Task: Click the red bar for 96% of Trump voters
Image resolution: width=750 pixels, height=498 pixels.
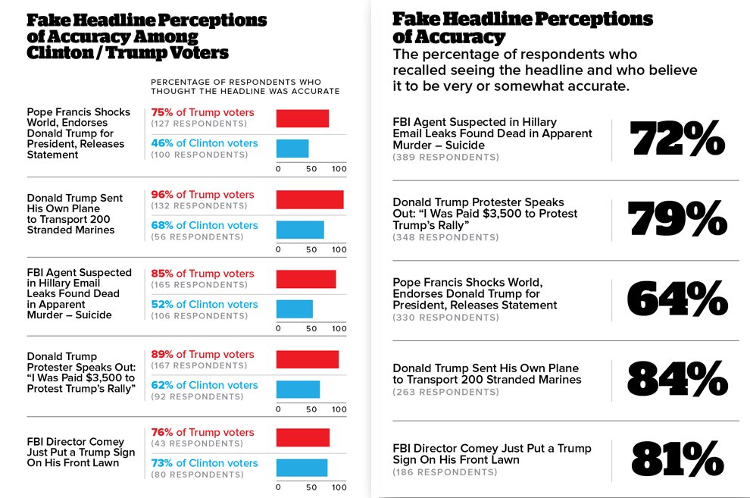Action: pyautogui.click(x=309, y=199)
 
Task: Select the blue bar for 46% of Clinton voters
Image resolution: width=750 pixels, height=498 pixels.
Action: pyautogui.click(x=292, y=148)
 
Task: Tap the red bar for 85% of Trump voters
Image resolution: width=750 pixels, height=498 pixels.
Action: pyautogui.click(x=305, y=279)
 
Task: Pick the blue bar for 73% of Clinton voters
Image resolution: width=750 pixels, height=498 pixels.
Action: pyautogui.click(x=301, y=468)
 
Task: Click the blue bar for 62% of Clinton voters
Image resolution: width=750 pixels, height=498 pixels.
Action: pyautogui.click(x=297, y=389)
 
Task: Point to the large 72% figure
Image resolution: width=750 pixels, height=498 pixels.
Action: pyautogui.click(x=677, y=139)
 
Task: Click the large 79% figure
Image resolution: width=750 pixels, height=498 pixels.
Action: pyautogui.click(x=677, y=220)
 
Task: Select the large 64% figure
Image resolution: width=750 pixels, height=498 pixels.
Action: pyautogui.click(x=677, y=299)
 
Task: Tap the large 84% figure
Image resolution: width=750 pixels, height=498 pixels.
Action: pyautogui.click(x=677, y=379)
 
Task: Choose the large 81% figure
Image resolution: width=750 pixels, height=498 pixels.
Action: pyautogui.click(x=677, y=459)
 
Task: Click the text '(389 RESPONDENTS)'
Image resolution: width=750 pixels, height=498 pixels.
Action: pyautogui.click(x=445, y=158)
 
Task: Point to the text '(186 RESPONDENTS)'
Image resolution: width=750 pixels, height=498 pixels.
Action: pyautogui.click(x=445, y=472)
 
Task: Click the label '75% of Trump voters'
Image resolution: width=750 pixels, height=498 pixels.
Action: pyautogui.click(x=202, y=112)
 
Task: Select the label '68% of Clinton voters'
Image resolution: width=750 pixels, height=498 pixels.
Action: pyautogui.click(x=205, y=225)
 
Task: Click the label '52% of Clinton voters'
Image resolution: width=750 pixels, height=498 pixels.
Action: pyautogui.click(x=205, y=304)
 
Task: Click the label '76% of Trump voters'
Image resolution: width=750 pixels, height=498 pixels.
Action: pyautogui.click(x=202, y=432)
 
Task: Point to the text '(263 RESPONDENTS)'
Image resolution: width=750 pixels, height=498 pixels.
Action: pyautogui.click(x=445, y=392)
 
